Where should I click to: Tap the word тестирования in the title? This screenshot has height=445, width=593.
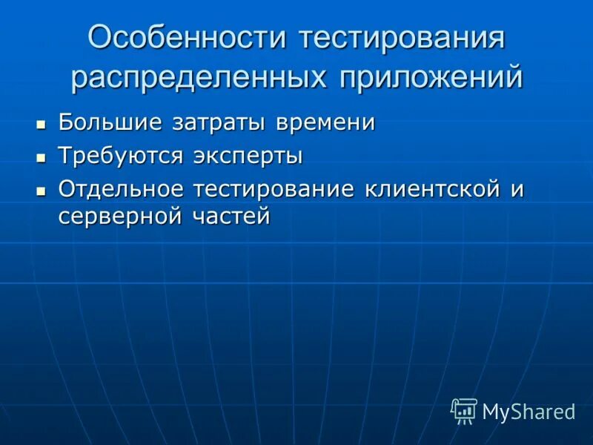[x=402, y=39]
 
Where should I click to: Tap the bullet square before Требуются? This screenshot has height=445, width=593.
[x=42, y=157]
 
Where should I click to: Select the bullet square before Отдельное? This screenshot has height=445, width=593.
[x=42, y=191]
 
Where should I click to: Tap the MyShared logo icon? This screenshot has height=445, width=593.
[x=464, y=411]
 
